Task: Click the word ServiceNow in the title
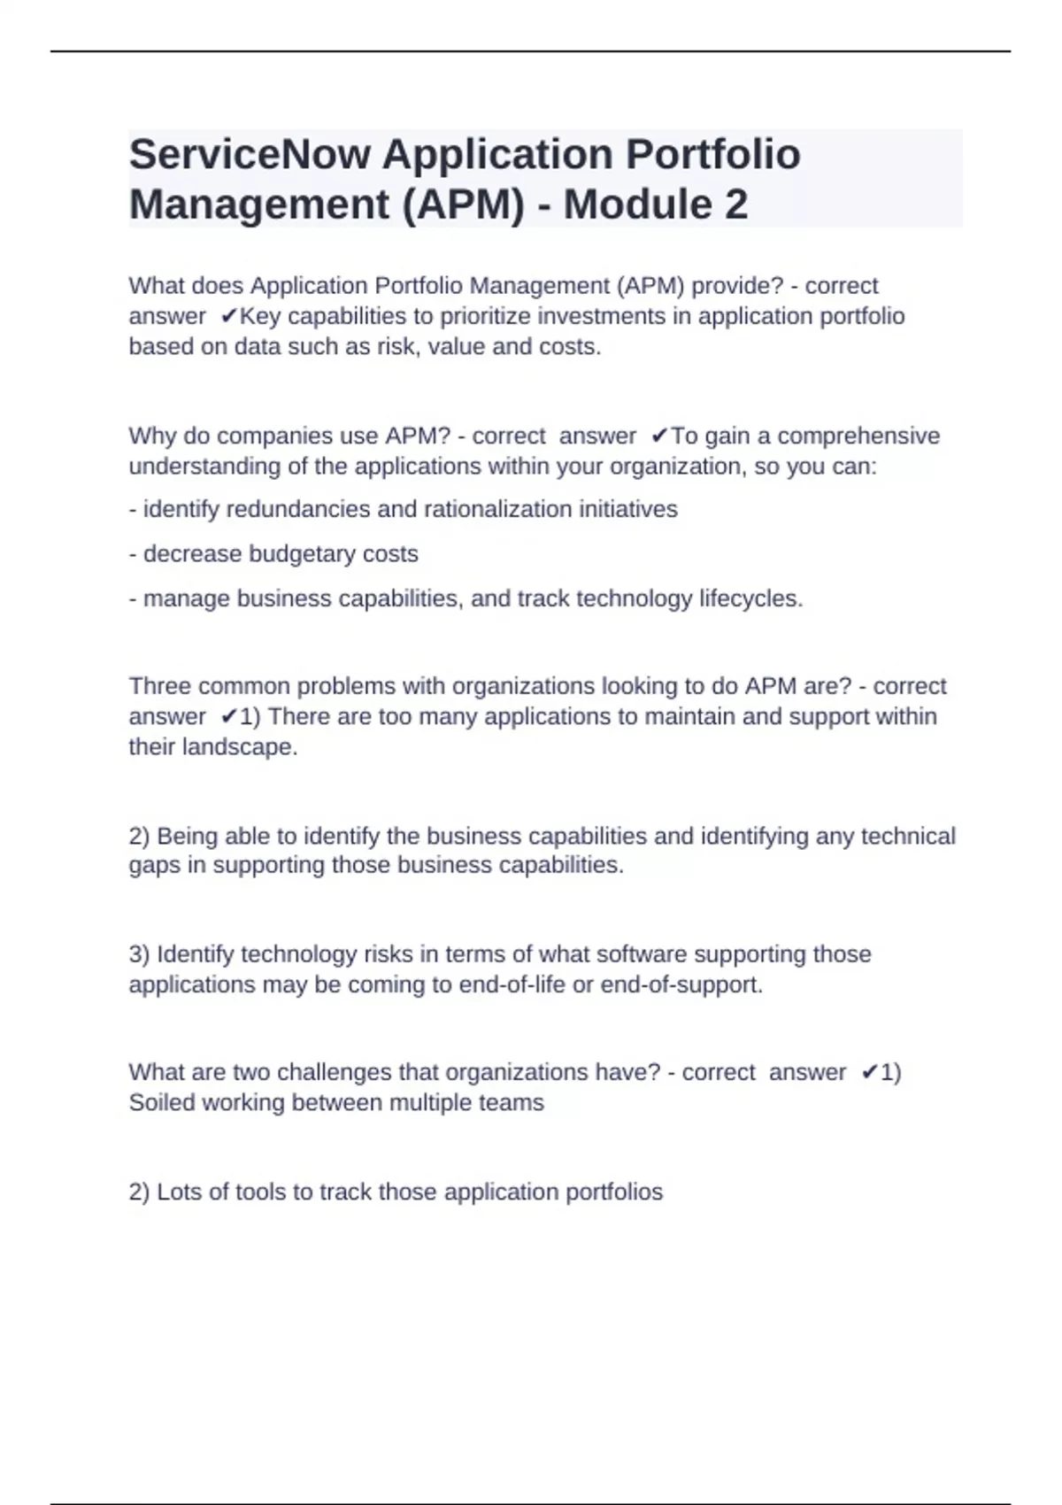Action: pos(250,155)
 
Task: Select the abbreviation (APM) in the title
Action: pos(463,205)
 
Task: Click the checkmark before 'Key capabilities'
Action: pos(229,316)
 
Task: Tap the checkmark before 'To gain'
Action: pos(659,436)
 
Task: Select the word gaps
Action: pos(154,865)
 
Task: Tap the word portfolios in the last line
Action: pos(614,1192)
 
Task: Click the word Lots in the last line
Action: pos(179,1192)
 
